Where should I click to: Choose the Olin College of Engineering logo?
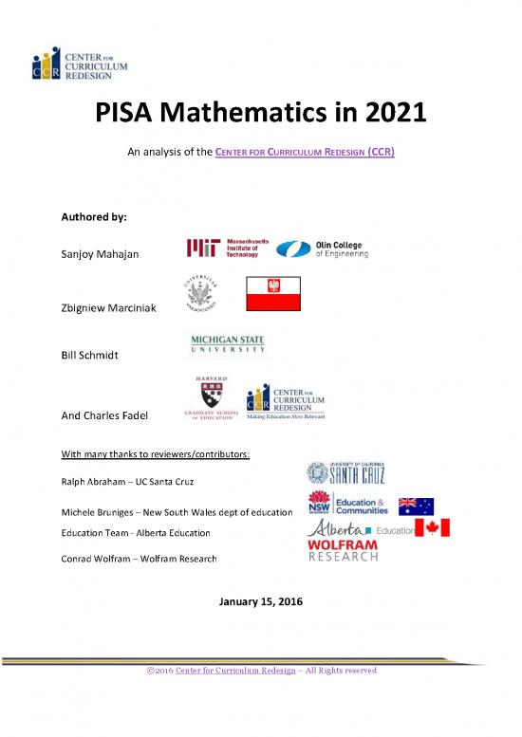point(326,248)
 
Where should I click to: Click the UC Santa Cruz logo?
point(347,472)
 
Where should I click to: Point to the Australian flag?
point(415,506)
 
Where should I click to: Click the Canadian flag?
point(431,528)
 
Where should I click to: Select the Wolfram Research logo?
point(342,551)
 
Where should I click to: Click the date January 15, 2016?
point(259,600)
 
